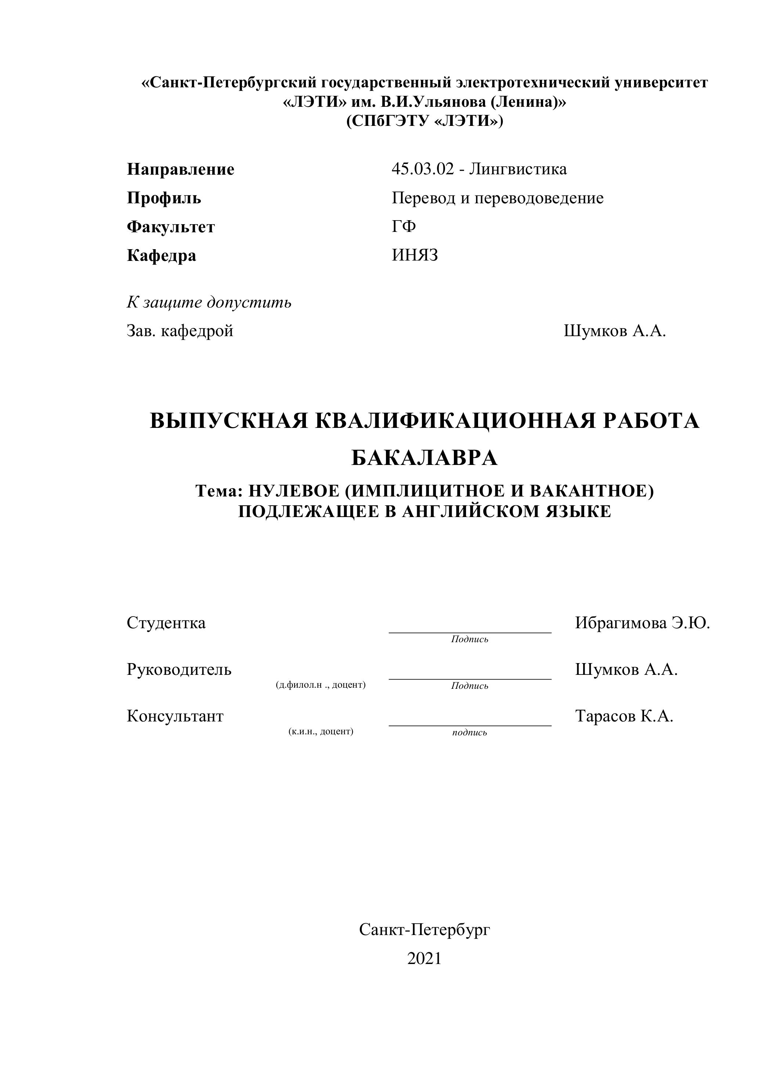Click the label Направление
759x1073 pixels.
[181, 169]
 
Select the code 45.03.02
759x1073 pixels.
[423, 169]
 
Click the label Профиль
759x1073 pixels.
[164, 198]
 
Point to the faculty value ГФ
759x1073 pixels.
[404, 227]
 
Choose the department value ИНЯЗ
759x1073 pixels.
[415, 255]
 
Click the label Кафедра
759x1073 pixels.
[161, 256]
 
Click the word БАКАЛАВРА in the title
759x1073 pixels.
[424, 458]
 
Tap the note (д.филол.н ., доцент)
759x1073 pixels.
[321, 685]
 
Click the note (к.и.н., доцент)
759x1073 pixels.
[321, 731]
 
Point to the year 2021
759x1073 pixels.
[424, 959]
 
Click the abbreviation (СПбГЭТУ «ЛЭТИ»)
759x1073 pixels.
[424, 121]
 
